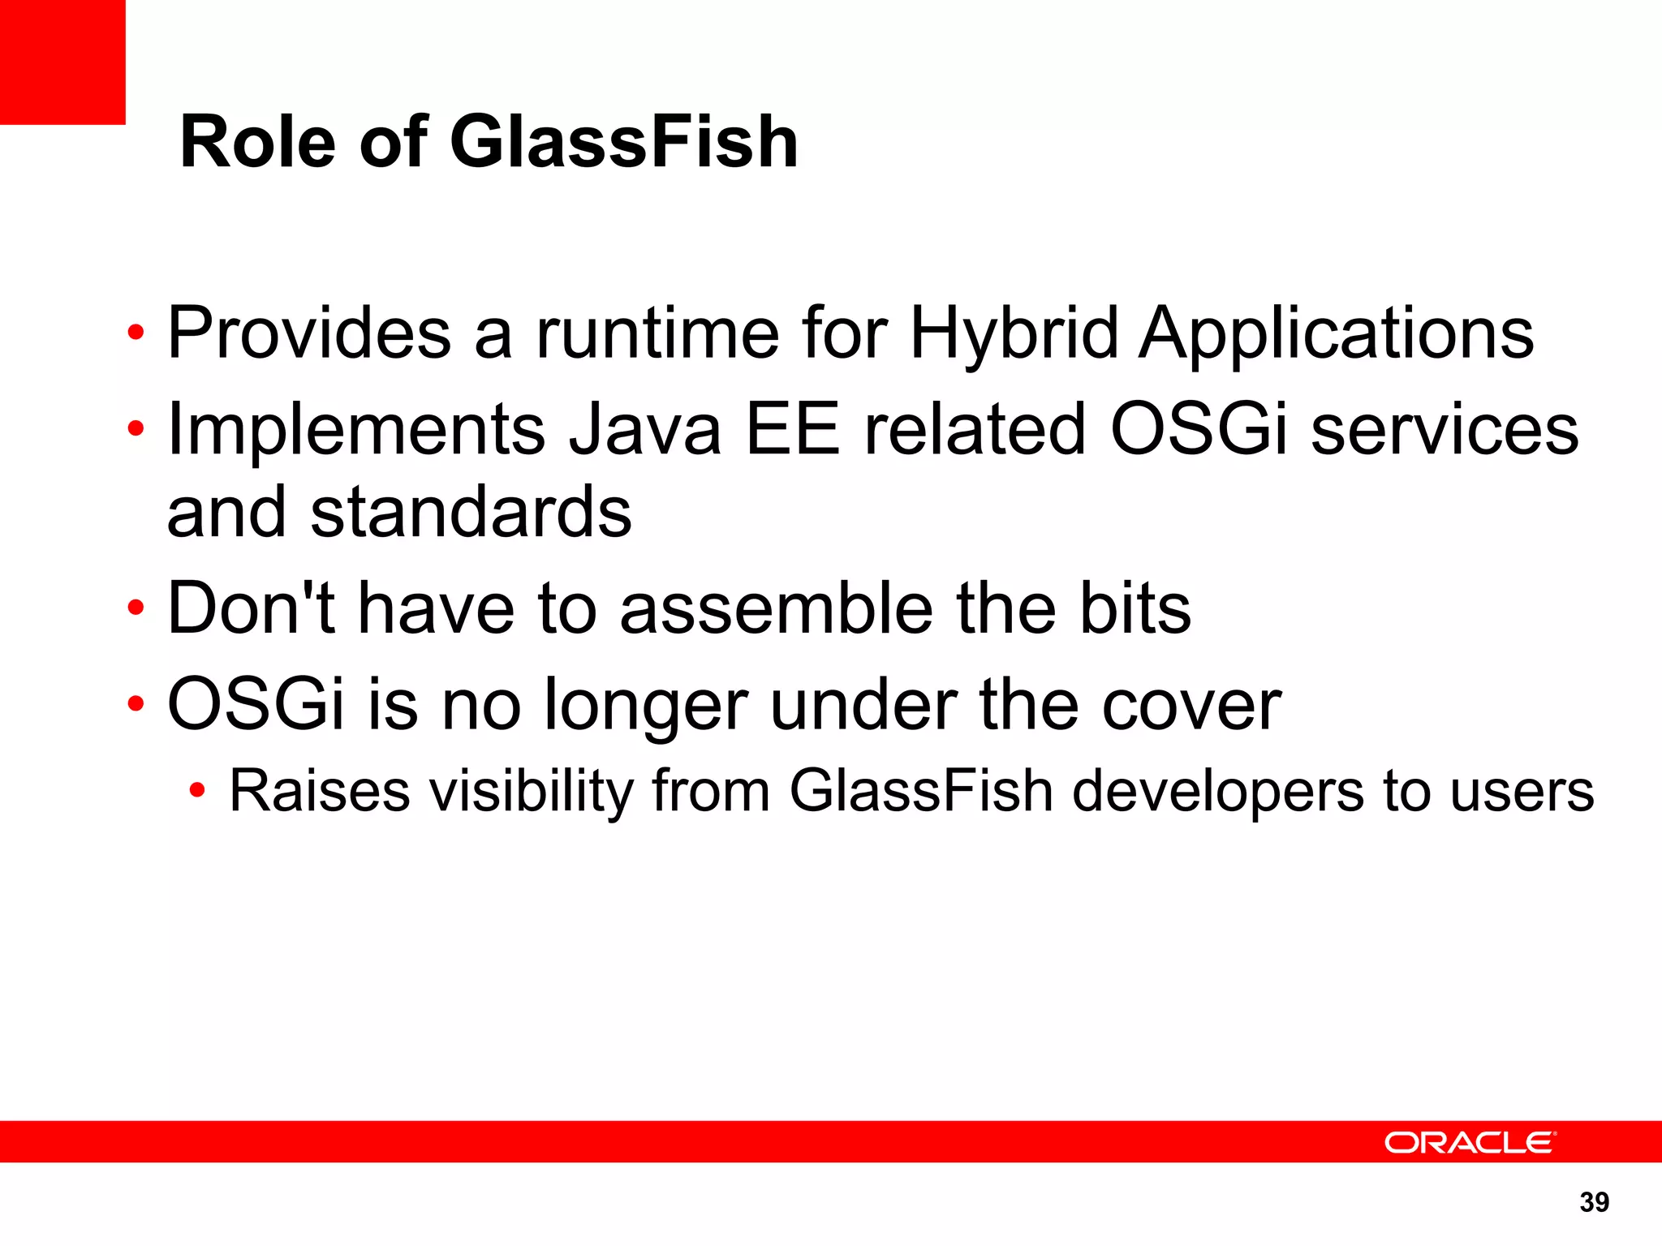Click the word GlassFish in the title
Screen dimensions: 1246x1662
tap(623, 143)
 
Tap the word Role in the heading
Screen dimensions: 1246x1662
tap(257, 143)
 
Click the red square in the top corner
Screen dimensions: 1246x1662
tap(62, 62)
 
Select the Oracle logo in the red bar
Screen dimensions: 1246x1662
tap(1470, 1142)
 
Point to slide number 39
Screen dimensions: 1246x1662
tap(1594, 1202)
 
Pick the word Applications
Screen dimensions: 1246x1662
tap(1337, 334)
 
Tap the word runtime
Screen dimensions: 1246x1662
tap(657, 334)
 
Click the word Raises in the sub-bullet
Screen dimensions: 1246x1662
tap(320, 791)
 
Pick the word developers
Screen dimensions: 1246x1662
tap(1218, 793)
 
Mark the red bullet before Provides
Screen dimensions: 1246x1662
tap(136, 332)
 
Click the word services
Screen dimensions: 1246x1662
tap(1445, 430)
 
